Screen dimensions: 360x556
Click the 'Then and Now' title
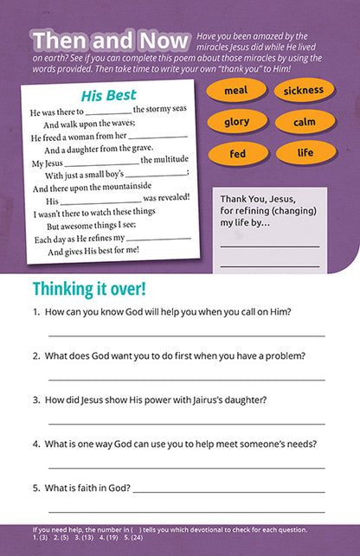pyautogui.click(x=110, y=41)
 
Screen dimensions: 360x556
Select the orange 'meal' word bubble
pyautogui.click(x=235, y=91)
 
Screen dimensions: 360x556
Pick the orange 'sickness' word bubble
pyautogui.click(x=304, y=90)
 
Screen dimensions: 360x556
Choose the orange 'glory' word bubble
pyautogui.click(x=236, y=122)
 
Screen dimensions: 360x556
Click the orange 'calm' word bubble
pyautogui.click(x=304, y=122)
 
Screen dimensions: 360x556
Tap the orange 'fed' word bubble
pyautogui.click(x=236, y=154)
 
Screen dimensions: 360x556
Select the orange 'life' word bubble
pyautogui.click(x=305, y=153)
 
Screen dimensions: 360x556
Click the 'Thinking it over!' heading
pyautogui.click(x=89, y=287)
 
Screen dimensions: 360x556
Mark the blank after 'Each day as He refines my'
pyautogui.click(x=157, y=240)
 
